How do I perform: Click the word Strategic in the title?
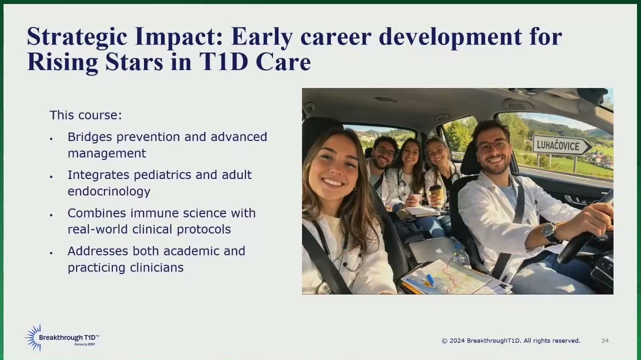point(77,37)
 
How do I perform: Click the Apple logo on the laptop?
point(438,251)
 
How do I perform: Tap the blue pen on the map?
point(431,280)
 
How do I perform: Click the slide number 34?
point(604,340)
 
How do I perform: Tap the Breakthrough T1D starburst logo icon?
point(33,337)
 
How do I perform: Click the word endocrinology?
point(108,191)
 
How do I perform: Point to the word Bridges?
point(89,137)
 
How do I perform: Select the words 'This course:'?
point(86,115)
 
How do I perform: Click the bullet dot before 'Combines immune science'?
point(51,215)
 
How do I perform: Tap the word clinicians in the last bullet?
point(156,267)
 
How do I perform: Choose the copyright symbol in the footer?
point(444,341)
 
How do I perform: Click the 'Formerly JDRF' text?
point(85,344)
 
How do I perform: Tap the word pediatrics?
point(162,175)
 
